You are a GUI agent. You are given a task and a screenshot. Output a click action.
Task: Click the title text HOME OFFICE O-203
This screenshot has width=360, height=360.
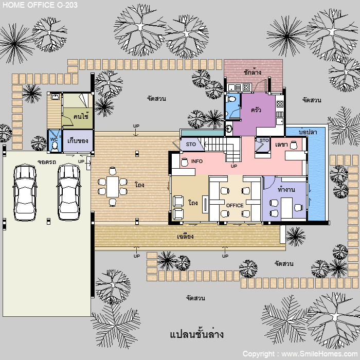[x=40, y=5]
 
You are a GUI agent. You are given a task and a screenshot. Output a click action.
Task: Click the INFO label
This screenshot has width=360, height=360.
[x=197, y=161]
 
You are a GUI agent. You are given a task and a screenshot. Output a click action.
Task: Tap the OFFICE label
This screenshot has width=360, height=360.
[x=235, y=206]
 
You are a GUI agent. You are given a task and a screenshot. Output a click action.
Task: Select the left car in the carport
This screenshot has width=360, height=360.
[x=25, y=192]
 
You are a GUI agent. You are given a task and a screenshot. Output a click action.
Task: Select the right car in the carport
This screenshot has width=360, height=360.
[x=69, y=192]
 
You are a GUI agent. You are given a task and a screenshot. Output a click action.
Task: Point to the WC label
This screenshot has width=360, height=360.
[x=53, y=139]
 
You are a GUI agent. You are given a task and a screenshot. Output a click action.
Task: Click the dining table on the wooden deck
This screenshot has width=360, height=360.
[x=113, y=187]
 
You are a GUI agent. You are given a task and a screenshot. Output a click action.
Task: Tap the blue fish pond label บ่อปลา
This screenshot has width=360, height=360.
[x=308, y=132]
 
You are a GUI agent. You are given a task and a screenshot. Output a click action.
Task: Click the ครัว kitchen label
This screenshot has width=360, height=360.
[x=256, y=110]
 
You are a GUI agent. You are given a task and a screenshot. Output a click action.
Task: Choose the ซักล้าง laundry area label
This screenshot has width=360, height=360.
[x=253, y=72]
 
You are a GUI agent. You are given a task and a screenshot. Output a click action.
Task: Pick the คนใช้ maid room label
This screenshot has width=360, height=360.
[x=81, y=116]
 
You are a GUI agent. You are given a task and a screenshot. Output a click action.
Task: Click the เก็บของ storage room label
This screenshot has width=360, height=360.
[x=78, y=140]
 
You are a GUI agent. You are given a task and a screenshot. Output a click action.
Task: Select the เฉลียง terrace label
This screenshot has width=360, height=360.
[x=185, y=236]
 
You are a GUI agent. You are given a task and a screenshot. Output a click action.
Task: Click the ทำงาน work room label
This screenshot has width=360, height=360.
[x=286, y=190]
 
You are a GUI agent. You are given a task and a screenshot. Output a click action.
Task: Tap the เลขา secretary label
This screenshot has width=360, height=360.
[x=281, y=145]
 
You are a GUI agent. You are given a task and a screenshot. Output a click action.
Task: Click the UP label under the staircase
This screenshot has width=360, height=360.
[x=233, y=166]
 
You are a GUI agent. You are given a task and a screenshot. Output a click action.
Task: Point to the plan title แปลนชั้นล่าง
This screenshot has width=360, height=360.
[x=197, y=334]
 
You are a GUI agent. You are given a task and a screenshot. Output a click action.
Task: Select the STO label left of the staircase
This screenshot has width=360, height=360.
[x=191, y=145]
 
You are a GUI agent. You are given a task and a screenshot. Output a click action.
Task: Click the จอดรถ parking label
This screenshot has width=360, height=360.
[x=47, y=162]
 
